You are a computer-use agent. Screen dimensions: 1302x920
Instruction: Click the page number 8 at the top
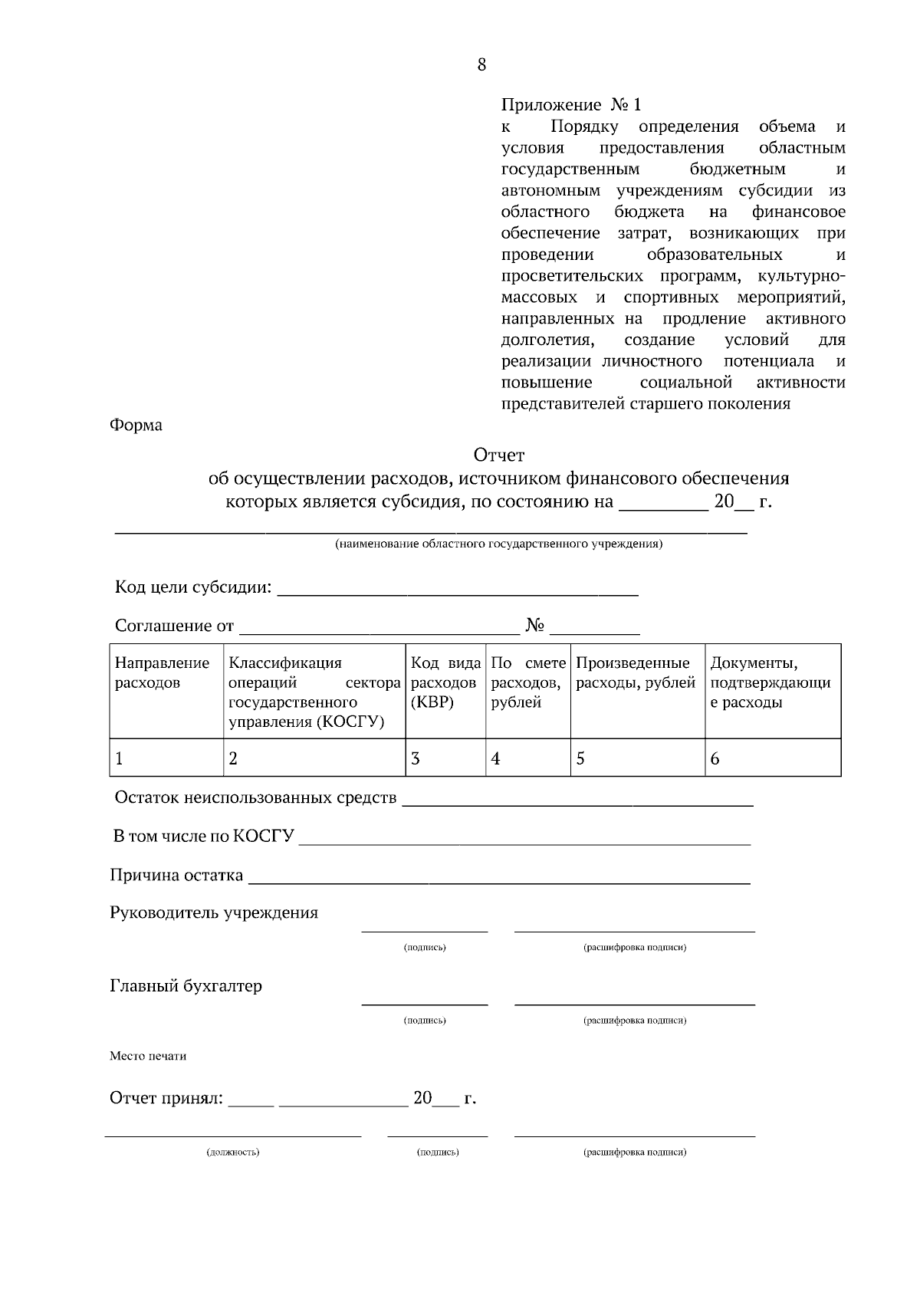point(481,64)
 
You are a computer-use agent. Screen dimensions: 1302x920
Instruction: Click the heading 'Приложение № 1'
point(570,104)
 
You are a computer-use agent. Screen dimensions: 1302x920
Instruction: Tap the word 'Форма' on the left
point(136,425)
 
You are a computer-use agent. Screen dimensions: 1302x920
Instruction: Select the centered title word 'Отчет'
point(499,455)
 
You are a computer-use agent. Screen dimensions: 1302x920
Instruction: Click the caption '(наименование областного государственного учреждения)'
point(498,544)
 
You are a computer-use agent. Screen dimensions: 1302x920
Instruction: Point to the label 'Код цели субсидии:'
point(193,587)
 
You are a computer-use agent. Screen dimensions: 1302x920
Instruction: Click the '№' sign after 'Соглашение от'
point(534,626)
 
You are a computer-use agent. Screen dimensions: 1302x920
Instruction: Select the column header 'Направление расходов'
point(162,672)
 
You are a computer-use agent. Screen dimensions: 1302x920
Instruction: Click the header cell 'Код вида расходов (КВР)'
point(445,682)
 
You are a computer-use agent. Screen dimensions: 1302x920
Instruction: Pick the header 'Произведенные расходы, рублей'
point(636,672)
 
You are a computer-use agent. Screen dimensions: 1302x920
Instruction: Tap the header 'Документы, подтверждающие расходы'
point(770,682)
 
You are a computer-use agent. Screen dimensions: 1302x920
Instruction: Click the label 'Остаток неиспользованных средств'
point(255,797)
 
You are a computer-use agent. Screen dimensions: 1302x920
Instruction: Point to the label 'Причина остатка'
point(176,875)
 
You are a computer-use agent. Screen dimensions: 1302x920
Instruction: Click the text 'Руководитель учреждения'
point(214,912)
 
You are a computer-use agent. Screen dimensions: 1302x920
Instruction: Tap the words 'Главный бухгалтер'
point(186,986)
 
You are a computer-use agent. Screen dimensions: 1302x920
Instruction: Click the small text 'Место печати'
point(148,1056)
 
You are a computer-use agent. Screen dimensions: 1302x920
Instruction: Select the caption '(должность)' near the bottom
point(233,1152)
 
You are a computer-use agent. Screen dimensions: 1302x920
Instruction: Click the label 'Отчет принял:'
point(166,1098)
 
